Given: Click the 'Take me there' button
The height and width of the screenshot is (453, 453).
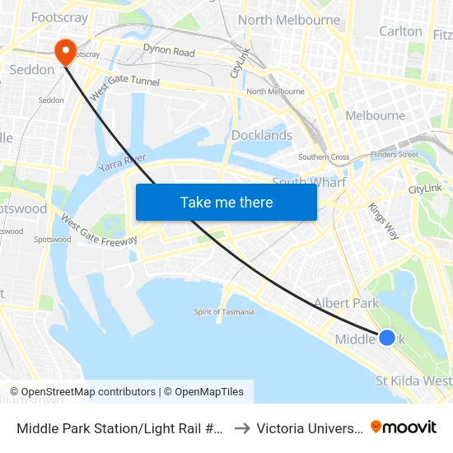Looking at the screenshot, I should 226,202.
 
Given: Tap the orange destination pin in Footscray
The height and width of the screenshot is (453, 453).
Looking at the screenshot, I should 63,52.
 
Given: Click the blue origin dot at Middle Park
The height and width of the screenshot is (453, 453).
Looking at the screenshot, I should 386,337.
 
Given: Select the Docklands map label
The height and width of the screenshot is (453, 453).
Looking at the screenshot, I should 262,135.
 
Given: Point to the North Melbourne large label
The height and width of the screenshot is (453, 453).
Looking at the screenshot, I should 288,20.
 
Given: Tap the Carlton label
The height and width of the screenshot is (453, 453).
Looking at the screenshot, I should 400,31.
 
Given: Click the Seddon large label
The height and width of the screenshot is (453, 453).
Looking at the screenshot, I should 31,69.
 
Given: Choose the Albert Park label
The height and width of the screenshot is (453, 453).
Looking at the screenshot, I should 346,303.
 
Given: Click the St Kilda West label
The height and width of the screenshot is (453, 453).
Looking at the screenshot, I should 413,381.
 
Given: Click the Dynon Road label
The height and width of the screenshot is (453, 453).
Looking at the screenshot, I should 169,52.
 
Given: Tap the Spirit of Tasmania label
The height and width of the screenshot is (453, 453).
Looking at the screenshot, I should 223,311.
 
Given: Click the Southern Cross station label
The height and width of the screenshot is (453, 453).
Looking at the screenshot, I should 324,156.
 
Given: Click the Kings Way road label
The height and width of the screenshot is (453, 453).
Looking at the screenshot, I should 383,221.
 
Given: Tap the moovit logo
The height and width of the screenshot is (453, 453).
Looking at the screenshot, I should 404,427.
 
